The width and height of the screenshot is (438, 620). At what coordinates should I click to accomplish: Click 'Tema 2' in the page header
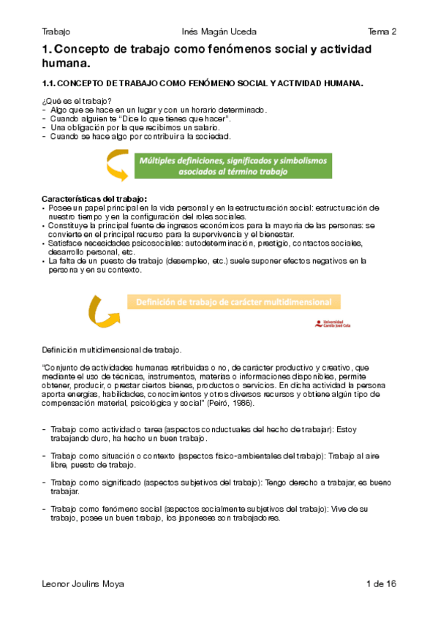click(x=382, y=31)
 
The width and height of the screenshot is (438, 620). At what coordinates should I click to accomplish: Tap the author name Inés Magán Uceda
click(x=219, y=31)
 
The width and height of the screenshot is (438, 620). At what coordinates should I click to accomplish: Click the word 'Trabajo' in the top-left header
click(x=56, y=31)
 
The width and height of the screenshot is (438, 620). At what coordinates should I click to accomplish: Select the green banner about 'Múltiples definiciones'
click(x=233, y=165)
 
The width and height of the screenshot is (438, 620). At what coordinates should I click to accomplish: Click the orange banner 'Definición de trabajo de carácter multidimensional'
click(x=233, y=301)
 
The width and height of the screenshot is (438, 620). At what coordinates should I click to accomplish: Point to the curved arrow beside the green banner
click(x=116, y=164)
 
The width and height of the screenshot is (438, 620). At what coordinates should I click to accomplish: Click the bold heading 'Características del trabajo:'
click(x=94, y=198)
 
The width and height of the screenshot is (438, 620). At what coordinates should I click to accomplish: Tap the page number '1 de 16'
click(x=381, y=584)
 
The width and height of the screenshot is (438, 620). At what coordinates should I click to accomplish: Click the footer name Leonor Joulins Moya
click(x=83, y=584)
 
